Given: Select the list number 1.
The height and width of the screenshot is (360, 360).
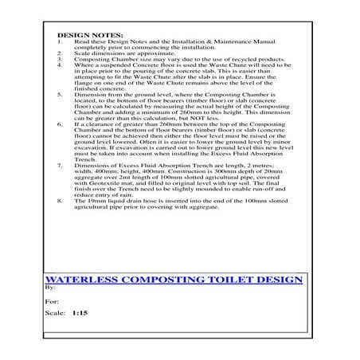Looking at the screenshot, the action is pyautogui.click(x=62, y=43).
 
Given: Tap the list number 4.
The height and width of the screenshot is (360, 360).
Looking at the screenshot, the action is pyautogui.click(x=62, y=65).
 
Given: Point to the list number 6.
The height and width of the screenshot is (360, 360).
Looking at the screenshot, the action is pyautogui.click(x=62, y=124).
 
